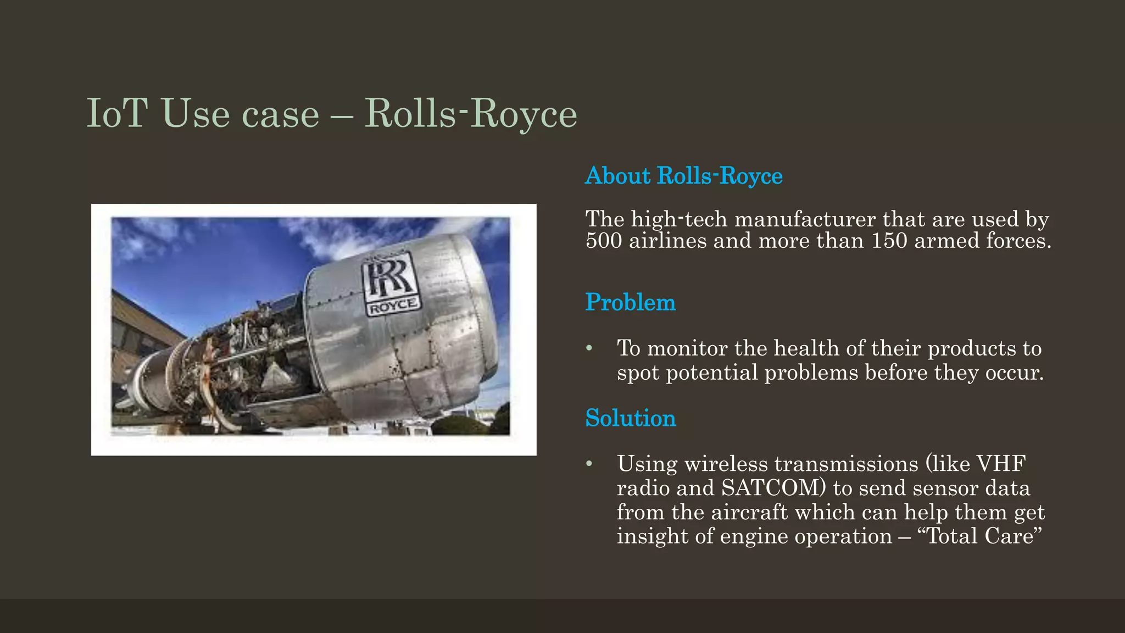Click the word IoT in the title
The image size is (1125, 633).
[x=117, y=113]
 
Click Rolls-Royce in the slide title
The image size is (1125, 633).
[x=471, y=113]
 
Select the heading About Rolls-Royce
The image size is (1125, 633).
[x=684, y=176]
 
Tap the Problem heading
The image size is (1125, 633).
[x=630, y=302]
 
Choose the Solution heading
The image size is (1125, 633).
[x=630, y=418]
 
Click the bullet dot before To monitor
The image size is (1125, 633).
[x=589, y=348]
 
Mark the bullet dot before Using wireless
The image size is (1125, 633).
[x=589, y=464]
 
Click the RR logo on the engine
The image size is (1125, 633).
[x=391, y=277]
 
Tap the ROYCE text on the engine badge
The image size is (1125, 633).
[x=393, y=307]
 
